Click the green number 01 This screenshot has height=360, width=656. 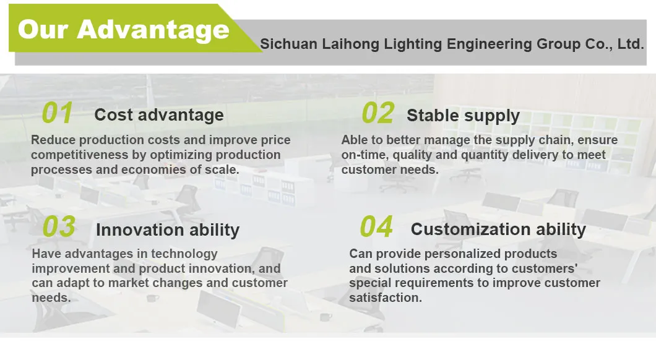58,113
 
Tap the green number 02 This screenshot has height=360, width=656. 378,113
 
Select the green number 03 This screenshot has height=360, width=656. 59,226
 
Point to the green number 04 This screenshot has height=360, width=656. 376,226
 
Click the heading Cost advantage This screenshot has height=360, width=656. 159,115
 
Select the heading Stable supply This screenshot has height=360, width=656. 463,116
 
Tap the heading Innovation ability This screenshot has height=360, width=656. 168,230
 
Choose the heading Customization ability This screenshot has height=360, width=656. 498,229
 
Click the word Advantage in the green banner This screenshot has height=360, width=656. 153,30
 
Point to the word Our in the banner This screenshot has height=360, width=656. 43,30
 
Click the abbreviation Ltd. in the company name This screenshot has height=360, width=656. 631,44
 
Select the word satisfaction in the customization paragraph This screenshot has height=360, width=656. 386,298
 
